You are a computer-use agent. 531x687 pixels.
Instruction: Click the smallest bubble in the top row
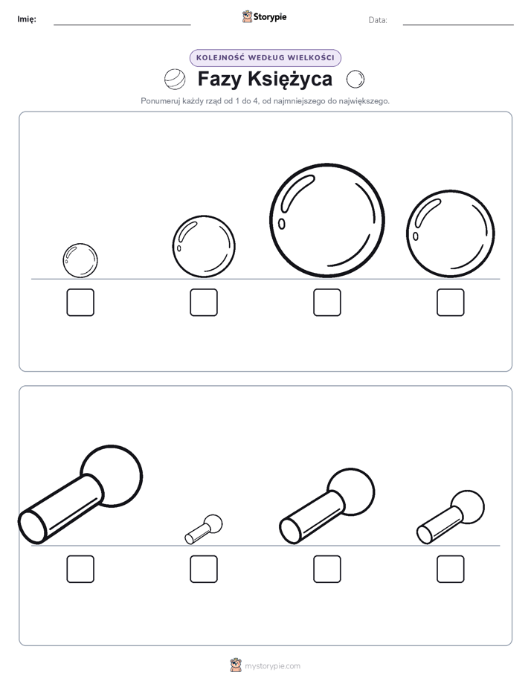pyautogui.click(x=80, y=261)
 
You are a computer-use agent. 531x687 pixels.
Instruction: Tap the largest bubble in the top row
pyautogui.click(x=326, y=220)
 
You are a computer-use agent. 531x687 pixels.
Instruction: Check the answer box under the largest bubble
pyautogui.click(x=326, y=303)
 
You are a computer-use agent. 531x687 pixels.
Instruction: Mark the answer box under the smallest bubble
pyautogui.click(x=80, y=303)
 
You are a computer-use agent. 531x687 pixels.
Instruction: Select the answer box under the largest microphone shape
pyautogui.click(x=80, y=569)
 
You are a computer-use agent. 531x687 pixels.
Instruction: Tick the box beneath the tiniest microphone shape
pyautogui.click(x=204, y=569)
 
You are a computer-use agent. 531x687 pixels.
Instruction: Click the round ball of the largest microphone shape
pyautogui.click(x=112, y=477)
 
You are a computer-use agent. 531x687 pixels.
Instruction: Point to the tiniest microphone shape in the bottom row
pyautogui.click(x=204, y=529)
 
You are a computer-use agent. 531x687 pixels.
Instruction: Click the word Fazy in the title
pyautogui.click(x=219, y=80)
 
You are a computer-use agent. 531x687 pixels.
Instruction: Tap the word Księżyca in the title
pyautogui.click(x=290, y=80)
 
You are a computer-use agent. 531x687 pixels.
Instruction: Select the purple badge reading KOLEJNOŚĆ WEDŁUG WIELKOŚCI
pyautogui.click(x=265, y=58)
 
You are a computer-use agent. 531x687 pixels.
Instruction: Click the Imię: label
pyautogui.click(x=27, y=19)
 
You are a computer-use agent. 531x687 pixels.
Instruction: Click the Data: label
pyautogui.click(x=378, y=20)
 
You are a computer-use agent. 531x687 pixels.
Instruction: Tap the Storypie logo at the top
pyautogui.click(x=264, y=17)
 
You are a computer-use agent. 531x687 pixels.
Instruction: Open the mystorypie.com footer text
pyautogui.click(x=272, y=666)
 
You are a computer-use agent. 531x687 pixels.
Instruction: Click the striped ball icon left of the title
pyautogui.click(x=175, y=80)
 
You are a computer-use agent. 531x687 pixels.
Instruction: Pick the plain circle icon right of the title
pyautogui.click(x=355, y=80)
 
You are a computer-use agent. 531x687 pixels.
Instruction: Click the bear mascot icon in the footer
pyautogui.click(x=236, y=665)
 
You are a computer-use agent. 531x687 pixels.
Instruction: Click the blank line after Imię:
pyautogui.click(x=122, y=25)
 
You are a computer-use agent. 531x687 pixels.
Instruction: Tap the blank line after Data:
pyautogui.click(x=458, y=25)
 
